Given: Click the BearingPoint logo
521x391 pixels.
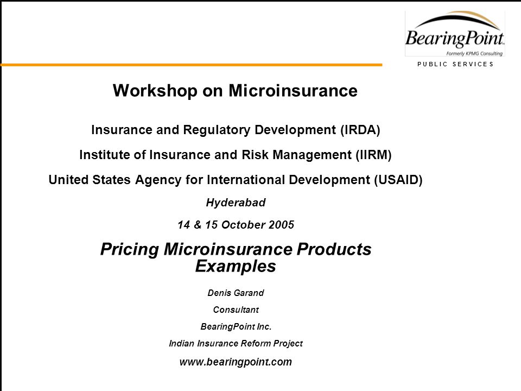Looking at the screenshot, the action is coord(455,34).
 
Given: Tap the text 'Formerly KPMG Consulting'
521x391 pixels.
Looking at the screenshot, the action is coord(474,54).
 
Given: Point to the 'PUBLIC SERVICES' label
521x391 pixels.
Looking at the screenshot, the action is coord(455,64).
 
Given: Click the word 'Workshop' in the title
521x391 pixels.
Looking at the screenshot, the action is coord(155,91).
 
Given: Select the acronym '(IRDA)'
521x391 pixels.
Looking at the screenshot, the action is coord(360,130).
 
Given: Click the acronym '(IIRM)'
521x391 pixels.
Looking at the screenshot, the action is coord(373,155).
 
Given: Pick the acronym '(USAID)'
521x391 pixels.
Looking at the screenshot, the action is coord(398,180).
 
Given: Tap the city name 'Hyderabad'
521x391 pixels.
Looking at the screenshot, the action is coord(236,203).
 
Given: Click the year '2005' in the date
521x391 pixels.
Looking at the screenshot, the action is coord(282,225).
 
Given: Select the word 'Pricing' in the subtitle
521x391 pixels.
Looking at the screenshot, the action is coord(130,249).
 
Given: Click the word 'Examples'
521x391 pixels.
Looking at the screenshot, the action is coord(236,266).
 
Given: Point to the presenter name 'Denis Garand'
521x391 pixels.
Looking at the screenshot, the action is coord(236,293).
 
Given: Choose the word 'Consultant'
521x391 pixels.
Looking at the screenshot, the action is coord(236,310).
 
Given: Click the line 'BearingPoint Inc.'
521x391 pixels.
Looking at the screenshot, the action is coord(236,327).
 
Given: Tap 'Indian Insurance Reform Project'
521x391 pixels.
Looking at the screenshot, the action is coord(236,343).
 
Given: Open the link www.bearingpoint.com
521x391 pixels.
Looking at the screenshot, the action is coord(236,362).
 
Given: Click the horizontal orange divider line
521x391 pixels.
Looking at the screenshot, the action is coord(192,65).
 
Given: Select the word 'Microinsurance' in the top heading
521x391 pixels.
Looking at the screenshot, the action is coord(293,91).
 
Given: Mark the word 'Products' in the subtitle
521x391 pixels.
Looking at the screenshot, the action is coord(334,249).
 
